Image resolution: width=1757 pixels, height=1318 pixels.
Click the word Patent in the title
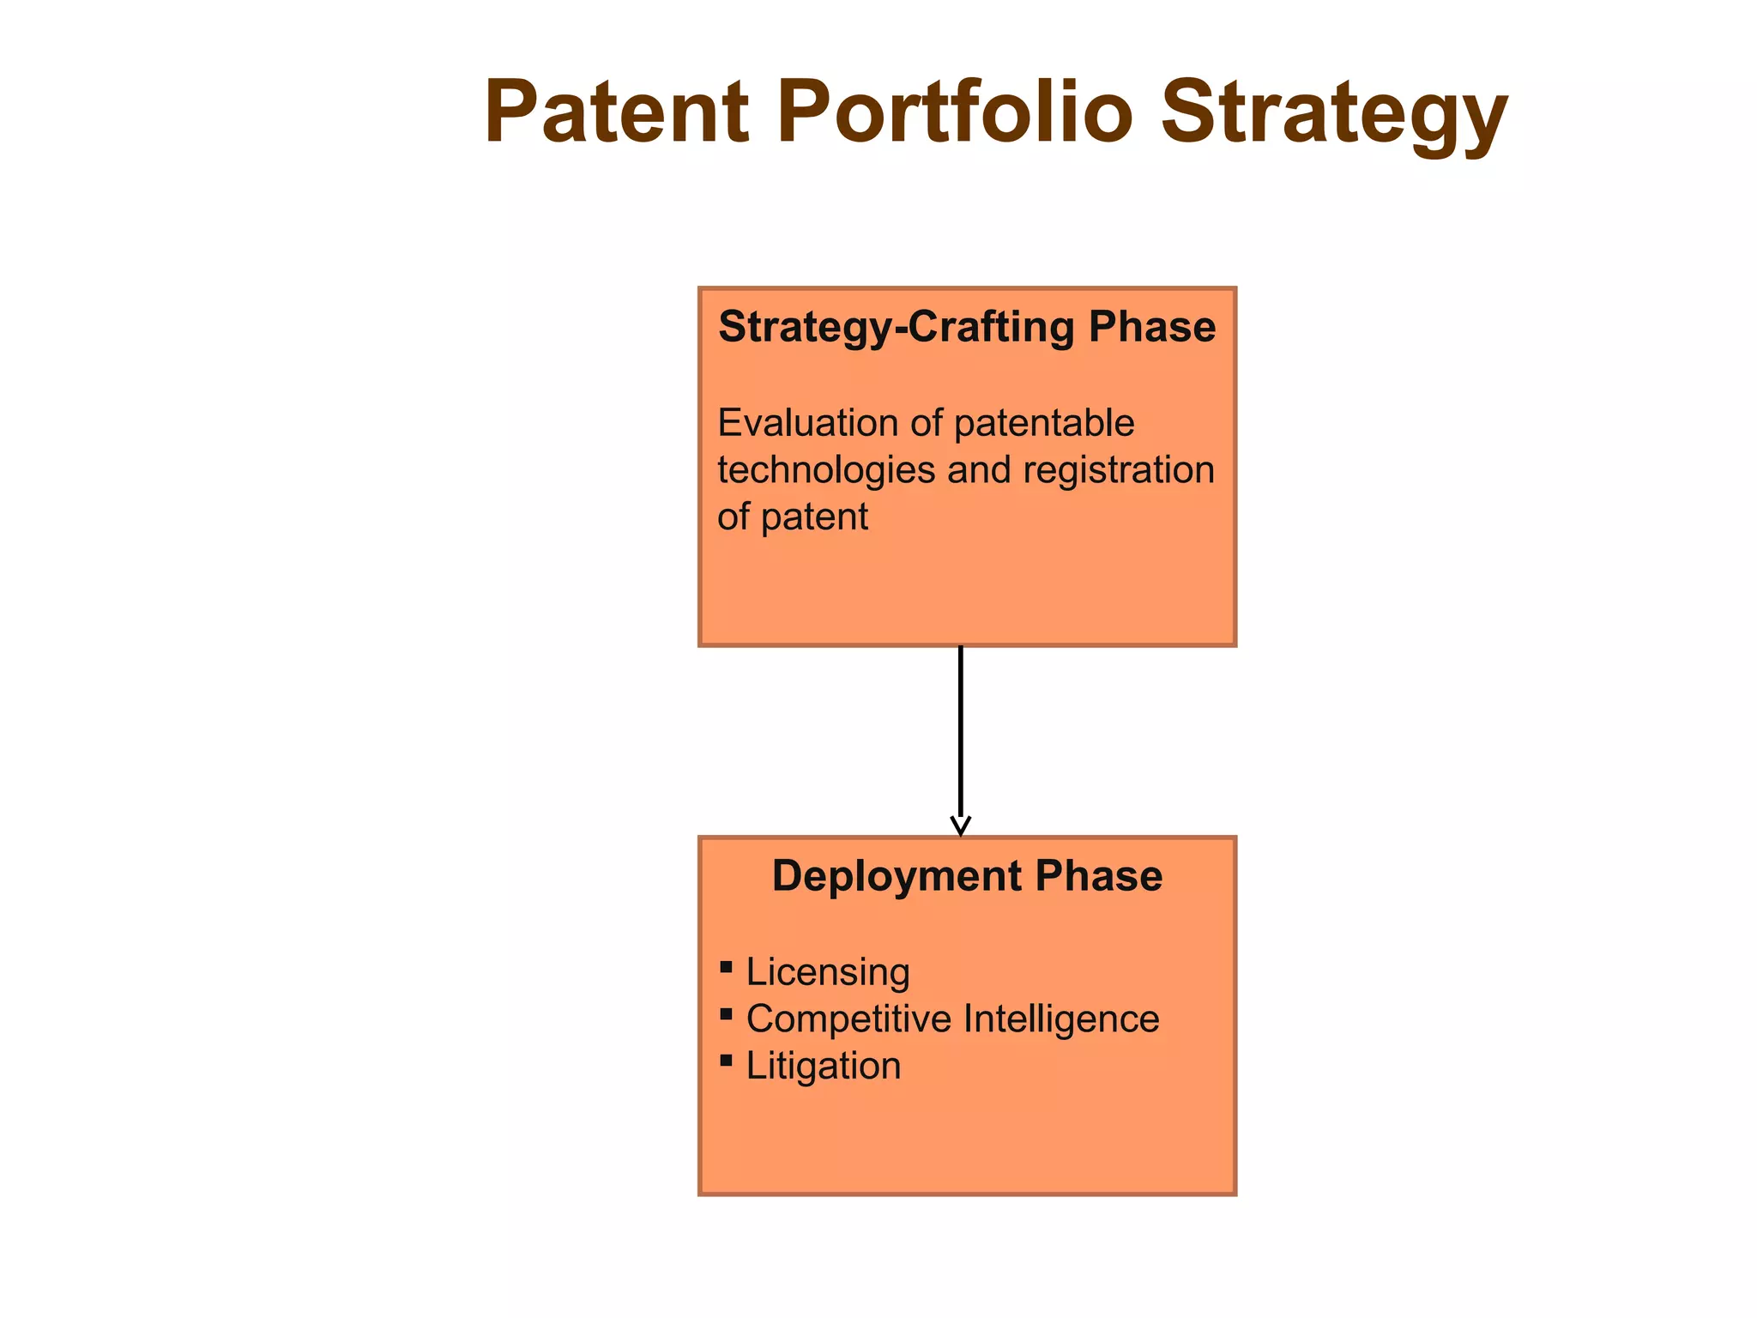point(617,112)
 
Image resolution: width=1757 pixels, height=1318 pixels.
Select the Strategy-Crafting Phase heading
point(967,327)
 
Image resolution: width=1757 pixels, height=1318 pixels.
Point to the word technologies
point(825,470)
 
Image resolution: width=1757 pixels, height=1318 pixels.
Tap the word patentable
point(1044,423)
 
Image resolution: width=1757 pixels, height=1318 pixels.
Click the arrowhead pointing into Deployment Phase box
point(961,826)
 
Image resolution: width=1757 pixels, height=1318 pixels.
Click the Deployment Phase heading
point(967,876)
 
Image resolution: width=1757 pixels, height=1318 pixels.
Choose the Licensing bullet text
point(828,972)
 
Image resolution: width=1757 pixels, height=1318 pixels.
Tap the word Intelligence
point(1061,1019)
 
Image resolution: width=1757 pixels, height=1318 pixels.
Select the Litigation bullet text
point(824,1067)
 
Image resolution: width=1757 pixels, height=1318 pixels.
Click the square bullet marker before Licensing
point(727,967)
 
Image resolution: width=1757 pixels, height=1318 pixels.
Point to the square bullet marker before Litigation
point(727,1061)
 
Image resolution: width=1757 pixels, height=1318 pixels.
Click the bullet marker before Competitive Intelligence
point(727,1014)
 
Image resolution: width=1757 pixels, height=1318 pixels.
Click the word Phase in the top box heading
point(1152,327)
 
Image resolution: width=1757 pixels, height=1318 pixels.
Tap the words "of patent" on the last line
point(793,517)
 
